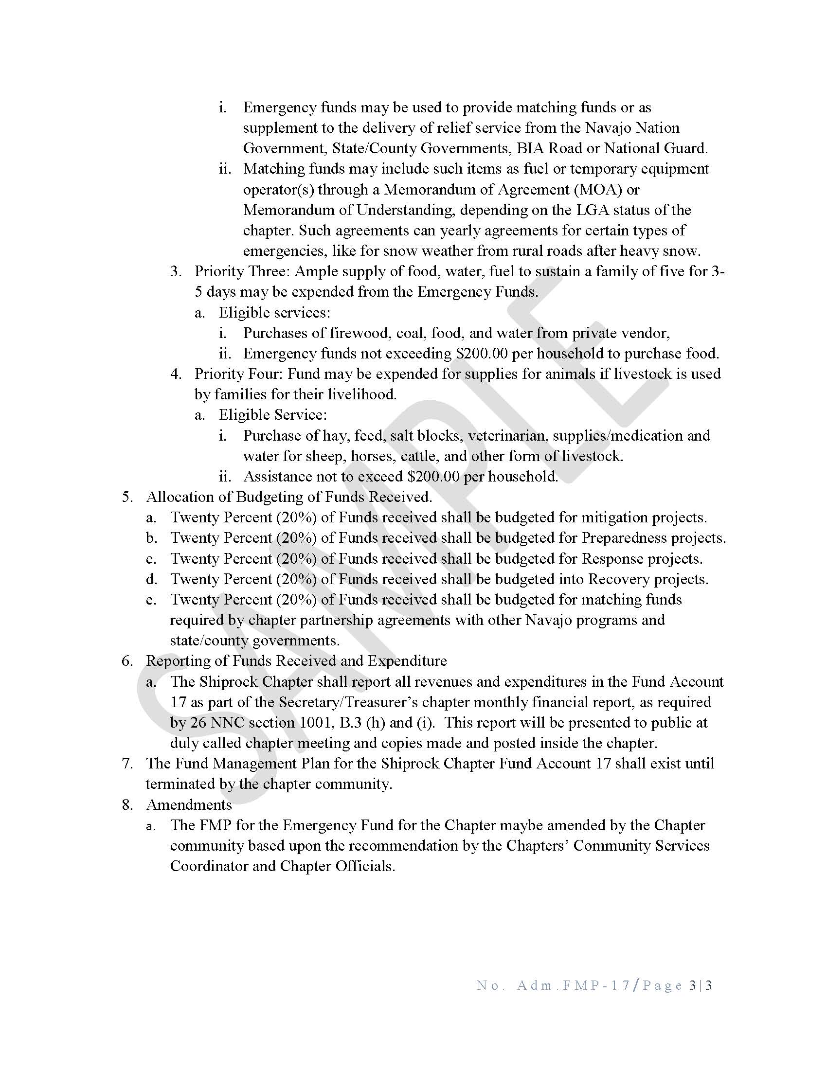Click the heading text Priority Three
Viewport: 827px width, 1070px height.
242,271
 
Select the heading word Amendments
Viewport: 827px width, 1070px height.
189,805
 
